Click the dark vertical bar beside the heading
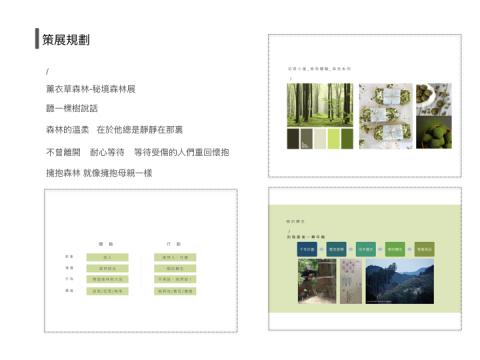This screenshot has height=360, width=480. click(37, 39)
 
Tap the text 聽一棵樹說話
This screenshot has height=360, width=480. click(73, 108)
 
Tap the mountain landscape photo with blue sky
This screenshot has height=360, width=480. click(395, 280)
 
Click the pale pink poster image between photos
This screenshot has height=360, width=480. click(349, 280)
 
